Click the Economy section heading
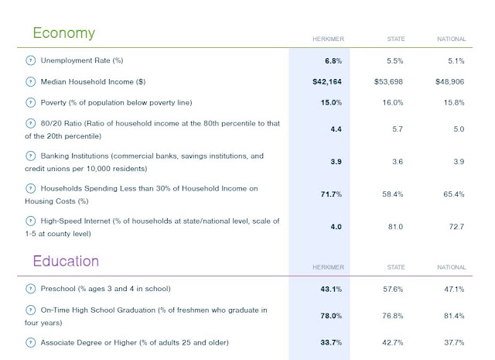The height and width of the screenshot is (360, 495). (63, 33)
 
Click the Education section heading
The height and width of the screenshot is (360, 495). (66, 261)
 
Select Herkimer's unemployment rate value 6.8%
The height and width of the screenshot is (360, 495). (333, 60)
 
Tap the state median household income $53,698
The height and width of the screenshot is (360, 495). (388, 82)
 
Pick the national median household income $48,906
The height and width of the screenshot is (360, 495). (449, 82)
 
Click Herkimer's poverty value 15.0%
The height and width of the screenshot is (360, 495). (331, 103)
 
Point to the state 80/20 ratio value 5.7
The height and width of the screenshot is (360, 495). (397, 129)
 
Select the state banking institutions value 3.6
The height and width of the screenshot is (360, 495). (397, 162)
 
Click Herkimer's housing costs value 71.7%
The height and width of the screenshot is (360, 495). (331, 194)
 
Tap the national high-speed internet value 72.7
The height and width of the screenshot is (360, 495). (456, 227)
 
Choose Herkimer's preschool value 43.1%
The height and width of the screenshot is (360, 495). (331, 290)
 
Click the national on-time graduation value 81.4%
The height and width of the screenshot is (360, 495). (454, 316)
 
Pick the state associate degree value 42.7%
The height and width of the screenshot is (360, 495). (393, 343)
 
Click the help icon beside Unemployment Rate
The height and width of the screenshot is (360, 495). (30, 60)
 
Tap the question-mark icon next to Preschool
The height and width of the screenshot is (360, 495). (30, 289)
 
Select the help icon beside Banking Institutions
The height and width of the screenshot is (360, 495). (30, 156)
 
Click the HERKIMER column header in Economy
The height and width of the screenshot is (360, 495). (328, 39)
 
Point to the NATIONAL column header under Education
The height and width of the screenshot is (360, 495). (452, 267)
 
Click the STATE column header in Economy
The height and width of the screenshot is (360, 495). (396, 39)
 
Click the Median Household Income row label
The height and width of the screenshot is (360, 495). (93, 82)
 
